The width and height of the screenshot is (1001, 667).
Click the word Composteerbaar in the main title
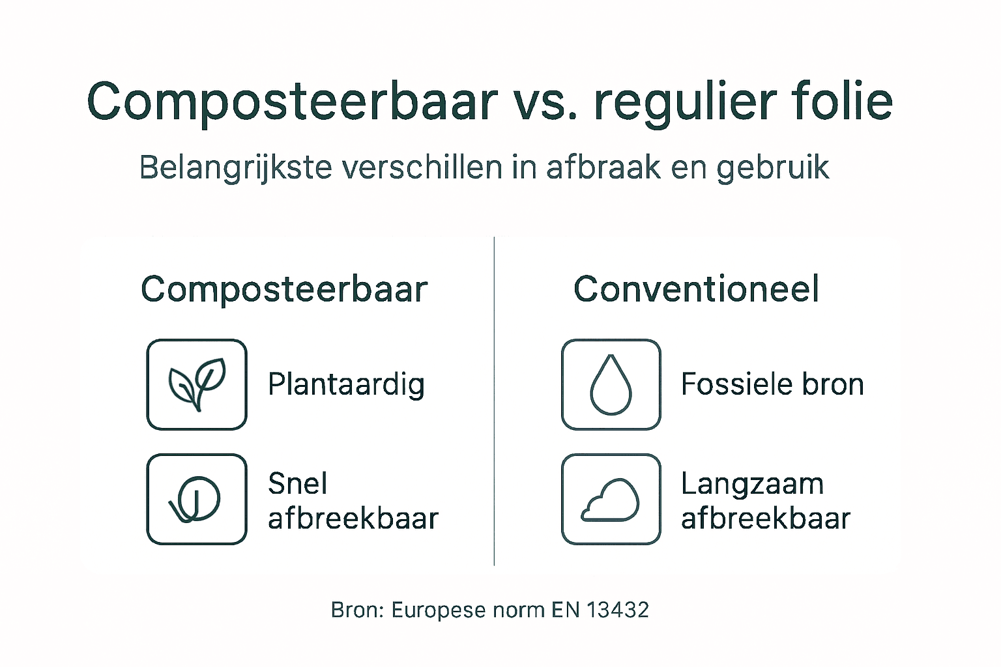coord(292,102)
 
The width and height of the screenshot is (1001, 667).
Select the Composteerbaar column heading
coord(284,289)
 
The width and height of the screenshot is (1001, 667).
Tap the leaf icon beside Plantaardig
coord(197,384)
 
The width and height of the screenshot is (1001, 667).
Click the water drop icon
coord(611,384)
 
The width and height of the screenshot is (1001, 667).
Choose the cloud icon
coord(611,500)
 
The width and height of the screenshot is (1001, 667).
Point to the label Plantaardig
coord(346,384)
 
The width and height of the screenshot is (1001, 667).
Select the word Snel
coord(297,483)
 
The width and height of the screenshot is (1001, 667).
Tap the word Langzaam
coord(752,484)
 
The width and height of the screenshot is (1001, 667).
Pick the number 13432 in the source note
coord(618,610)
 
